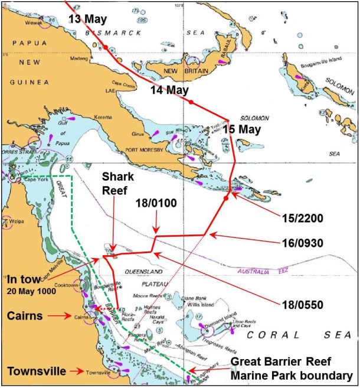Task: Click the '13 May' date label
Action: click(x=87, y=19)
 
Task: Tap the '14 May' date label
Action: click(x=169, y=90)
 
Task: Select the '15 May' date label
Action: click(x=241, y=129)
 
